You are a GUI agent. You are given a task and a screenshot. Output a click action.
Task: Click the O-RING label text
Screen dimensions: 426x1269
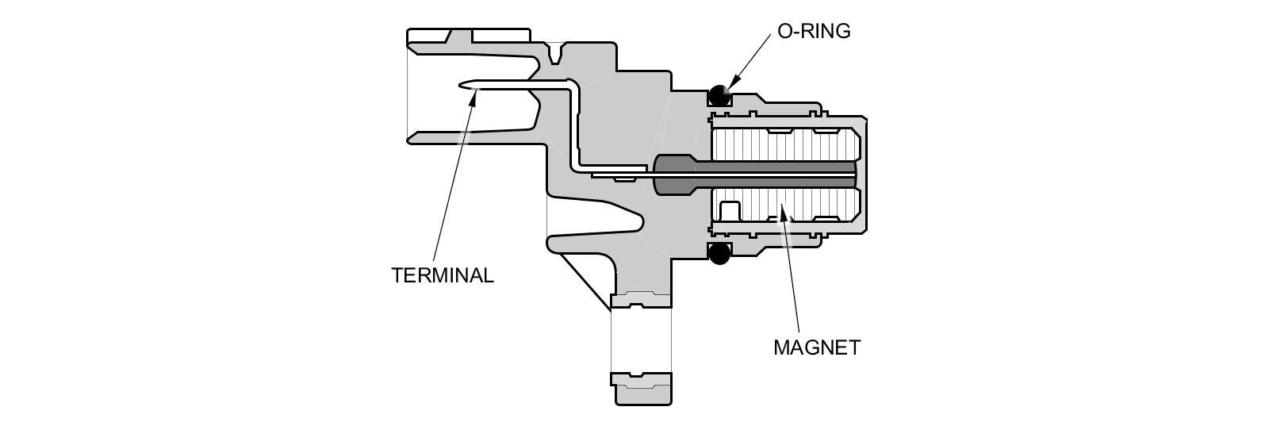[814, 32]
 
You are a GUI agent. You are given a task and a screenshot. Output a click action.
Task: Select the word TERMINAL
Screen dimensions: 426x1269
[443, 275]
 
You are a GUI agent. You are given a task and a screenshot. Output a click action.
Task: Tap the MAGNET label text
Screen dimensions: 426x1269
[816, 347]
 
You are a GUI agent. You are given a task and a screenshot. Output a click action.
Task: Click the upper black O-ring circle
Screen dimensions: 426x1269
[719, 94]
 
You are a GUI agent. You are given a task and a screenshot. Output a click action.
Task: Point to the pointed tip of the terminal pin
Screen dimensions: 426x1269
[462, 83]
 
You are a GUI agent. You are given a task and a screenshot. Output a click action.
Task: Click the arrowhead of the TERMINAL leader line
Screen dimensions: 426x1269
[474, 97]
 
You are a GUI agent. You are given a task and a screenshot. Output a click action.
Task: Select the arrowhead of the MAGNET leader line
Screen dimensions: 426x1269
[782, 209]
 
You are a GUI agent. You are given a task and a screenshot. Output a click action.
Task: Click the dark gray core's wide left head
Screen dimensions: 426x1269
[673, 174]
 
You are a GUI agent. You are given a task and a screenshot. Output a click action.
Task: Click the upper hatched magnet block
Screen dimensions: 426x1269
[785, 144]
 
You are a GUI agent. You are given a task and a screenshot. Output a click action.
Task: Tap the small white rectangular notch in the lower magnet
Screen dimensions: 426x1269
[729, 211]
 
